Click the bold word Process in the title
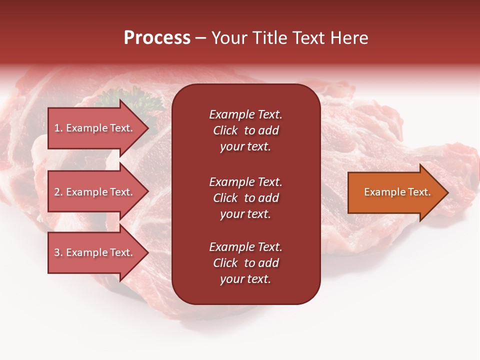(x=157, y=38)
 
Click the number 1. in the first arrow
(x=58, y=128)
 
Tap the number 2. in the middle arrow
(x=58, y=192)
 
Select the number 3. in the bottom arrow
(x=58, y=252)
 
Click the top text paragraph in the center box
(x=245, y=130)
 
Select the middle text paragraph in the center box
(x=245, y=198)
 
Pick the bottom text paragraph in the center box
(x=245, y=263)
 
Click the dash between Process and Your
(x=201, y=38)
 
